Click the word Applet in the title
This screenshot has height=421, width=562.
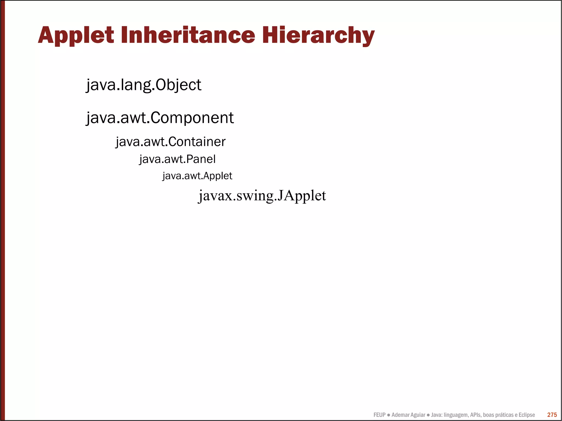click(76, 35)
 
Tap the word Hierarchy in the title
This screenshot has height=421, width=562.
click(318, 35)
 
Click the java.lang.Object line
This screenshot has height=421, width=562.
click(144, 85)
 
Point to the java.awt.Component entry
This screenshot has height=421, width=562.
click(160, 118)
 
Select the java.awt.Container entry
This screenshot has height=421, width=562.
click(170, 142)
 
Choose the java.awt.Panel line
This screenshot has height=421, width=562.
click(177, 159)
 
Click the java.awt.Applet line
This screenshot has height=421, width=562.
click(197, 176)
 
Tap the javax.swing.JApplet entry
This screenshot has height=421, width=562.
click(262, 196)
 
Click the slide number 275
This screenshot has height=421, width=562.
click(552, 415)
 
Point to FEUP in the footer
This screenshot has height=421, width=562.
click(379, 415)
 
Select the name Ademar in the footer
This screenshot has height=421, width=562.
click(400, 415)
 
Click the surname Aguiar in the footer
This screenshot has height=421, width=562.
click(417, 415)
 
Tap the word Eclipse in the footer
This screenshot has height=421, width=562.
click(527, 415)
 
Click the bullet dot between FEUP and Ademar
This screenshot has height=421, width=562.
click(389, 415)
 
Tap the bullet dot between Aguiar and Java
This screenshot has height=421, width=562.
click(428, 415)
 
